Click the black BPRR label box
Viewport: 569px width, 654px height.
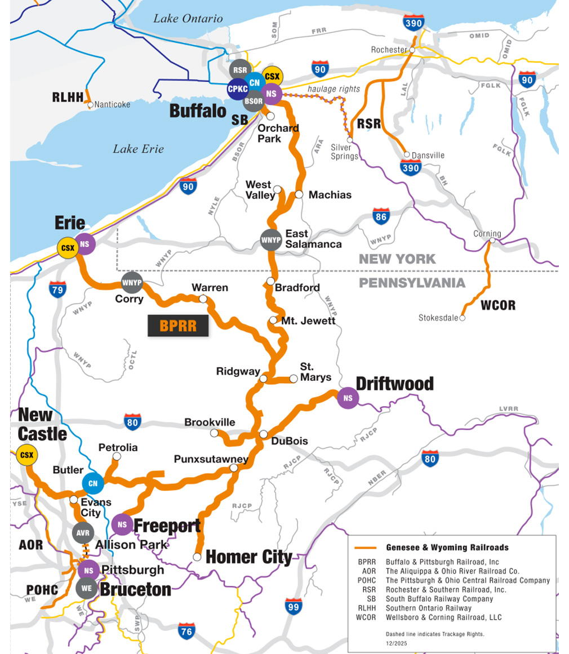coord(178,326)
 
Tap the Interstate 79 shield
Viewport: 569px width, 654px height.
coord(58,289)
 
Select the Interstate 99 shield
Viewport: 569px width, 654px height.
coord(293,607)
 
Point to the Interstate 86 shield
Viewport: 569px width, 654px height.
coord(381,216)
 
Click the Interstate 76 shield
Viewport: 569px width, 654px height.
coord(186,631)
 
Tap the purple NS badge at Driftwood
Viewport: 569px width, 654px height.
coord(348,398)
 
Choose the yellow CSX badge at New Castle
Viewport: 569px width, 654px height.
coord(26,455)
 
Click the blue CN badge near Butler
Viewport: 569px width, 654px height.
coord(93,483)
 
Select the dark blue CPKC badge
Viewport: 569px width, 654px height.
coord(237,89)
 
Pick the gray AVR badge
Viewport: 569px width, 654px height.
coord(83,532)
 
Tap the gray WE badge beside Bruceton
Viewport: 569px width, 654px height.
coord(87,588)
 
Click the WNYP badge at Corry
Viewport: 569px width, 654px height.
coord(132,282)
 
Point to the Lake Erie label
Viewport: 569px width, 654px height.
coord(138,149)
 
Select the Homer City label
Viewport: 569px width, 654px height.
coord(249,558)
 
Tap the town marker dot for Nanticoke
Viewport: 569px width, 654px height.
coord(90,104)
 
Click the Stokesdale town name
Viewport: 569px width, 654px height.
coord(438,318)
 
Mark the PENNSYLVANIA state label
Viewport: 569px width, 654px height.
coord(412,283)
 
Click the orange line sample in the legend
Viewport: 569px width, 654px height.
coord(365,548)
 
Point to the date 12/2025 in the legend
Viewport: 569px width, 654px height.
coord(396,643)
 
